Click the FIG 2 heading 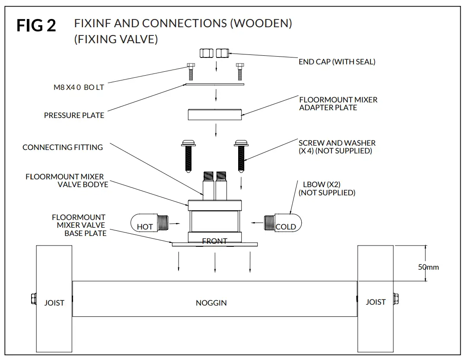[x=36, y=25]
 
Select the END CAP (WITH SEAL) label [x=337, y=62]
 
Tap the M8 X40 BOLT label [x=76, y=87]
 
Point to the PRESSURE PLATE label [x=74, y=115]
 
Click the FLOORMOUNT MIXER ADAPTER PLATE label [x=338, y=104]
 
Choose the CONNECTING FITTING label [x=63, y=147]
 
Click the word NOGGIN [x=211, y=303]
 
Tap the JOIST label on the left [x=54, y=303]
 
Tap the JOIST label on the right [x=375, y=302]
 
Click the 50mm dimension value [x=428, y=267]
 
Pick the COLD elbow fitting [x=283, y=224]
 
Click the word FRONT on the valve [x=214, y=241]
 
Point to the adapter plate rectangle [x=214, y=115]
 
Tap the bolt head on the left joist [x=33, y=299]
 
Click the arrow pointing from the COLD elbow [x=258, y=223]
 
